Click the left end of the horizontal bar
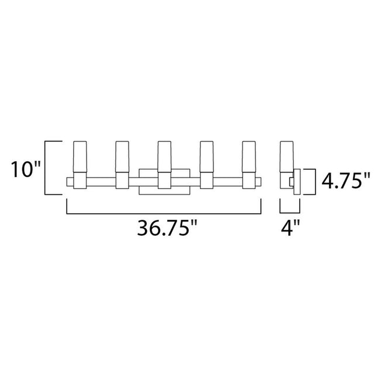(x=69, y=181)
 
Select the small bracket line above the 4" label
(x=289, y=211)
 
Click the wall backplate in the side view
(x=298, y=182)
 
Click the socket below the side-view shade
(x=286, y=181)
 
